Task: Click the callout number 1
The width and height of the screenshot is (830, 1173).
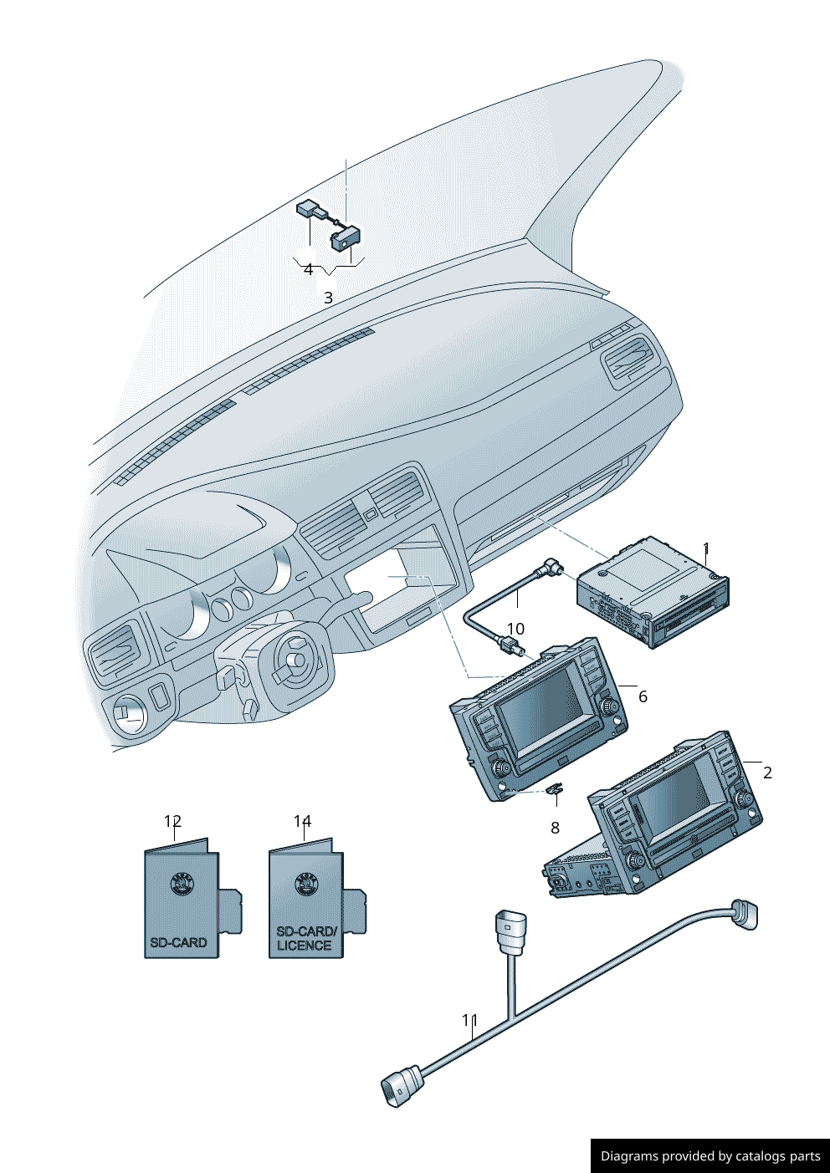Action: (x=706, y=548)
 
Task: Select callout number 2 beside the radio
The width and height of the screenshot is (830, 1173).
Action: (x=767, y=773)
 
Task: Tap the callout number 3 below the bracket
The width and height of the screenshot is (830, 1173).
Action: (x=328, y=298)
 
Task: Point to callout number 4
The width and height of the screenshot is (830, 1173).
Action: (x=308, y=270)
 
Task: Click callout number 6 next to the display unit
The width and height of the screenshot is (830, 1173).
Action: (x=643, y=697)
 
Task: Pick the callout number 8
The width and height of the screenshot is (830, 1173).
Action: (x=555, y=828)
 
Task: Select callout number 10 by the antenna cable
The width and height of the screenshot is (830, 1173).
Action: (x=515, y=629)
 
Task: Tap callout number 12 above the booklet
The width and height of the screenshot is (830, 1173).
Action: (x=172, y=821)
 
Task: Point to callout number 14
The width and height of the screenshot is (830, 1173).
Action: (x=302, y=821)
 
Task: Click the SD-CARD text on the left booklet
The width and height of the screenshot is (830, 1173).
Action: (x=178, y=942)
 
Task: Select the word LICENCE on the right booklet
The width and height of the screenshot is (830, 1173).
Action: (x=304, y=946)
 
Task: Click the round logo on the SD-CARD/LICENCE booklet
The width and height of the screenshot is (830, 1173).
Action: (x=307, y=885)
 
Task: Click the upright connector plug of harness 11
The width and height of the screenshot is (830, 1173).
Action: (x=510, y=933)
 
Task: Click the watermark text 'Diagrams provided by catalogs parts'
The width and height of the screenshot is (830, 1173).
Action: (x=710, y=1155)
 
